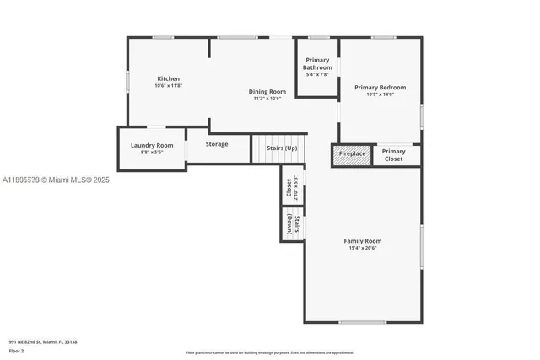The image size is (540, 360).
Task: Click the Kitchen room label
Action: [x=168, y=78]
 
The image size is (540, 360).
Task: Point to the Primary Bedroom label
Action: [x=380, y=87]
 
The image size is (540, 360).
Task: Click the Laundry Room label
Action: [x=152, y=145]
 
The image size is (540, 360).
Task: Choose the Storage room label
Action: [x=217, y=144]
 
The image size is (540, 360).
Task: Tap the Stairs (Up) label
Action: [x=282, y=148]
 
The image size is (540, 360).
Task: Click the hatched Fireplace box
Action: [x=352, y=154]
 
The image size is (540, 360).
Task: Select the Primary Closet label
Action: [x=394, y=154]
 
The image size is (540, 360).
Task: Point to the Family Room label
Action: [x=362, y=241]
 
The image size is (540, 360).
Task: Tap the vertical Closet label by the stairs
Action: [x=289, y=187]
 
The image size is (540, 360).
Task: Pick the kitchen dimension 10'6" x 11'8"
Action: [x=168, y=86]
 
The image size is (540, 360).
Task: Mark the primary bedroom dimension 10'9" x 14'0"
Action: [x=380, y=94]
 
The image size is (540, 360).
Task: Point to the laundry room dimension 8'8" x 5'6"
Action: [x=152, y=153]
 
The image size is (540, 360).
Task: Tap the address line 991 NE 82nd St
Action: [x=43, y=341]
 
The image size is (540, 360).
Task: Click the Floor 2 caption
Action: [x=16, y=350]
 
